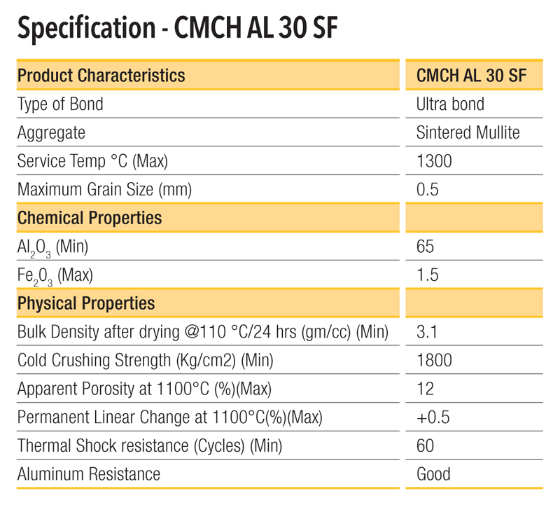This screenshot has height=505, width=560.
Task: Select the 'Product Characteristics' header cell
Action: [101, 75]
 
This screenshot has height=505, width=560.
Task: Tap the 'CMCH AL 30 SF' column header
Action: [471, 76]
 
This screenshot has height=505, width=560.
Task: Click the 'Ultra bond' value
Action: [450, 104]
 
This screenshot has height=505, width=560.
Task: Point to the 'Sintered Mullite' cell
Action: [468, 132]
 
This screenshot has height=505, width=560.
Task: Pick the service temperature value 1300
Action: [434, 161]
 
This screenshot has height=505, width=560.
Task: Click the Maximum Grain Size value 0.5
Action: [427, 189]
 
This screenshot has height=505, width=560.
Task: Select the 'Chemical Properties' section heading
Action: [90, 218]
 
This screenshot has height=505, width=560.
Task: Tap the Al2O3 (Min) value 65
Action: [426, 247]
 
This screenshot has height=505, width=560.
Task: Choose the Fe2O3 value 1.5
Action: [427, 275]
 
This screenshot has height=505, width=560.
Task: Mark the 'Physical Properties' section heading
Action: [86, 303]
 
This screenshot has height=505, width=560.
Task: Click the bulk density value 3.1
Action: [426, 332]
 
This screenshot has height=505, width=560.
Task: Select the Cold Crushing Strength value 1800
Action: [434, 361]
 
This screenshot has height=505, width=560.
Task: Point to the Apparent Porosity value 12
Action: [425, 389]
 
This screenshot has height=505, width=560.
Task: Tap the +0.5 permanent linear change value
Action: [433, 417]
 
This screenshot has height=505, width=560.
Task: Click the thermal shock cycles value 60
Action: [426, 445]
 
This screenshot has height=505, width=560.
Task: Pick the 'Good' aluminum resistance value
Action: [433, 474]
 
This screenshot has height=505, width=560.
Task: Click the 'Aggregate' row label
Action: [51, 132]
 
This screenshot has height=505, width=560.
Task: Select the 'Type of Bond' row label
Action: [60, 104]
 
